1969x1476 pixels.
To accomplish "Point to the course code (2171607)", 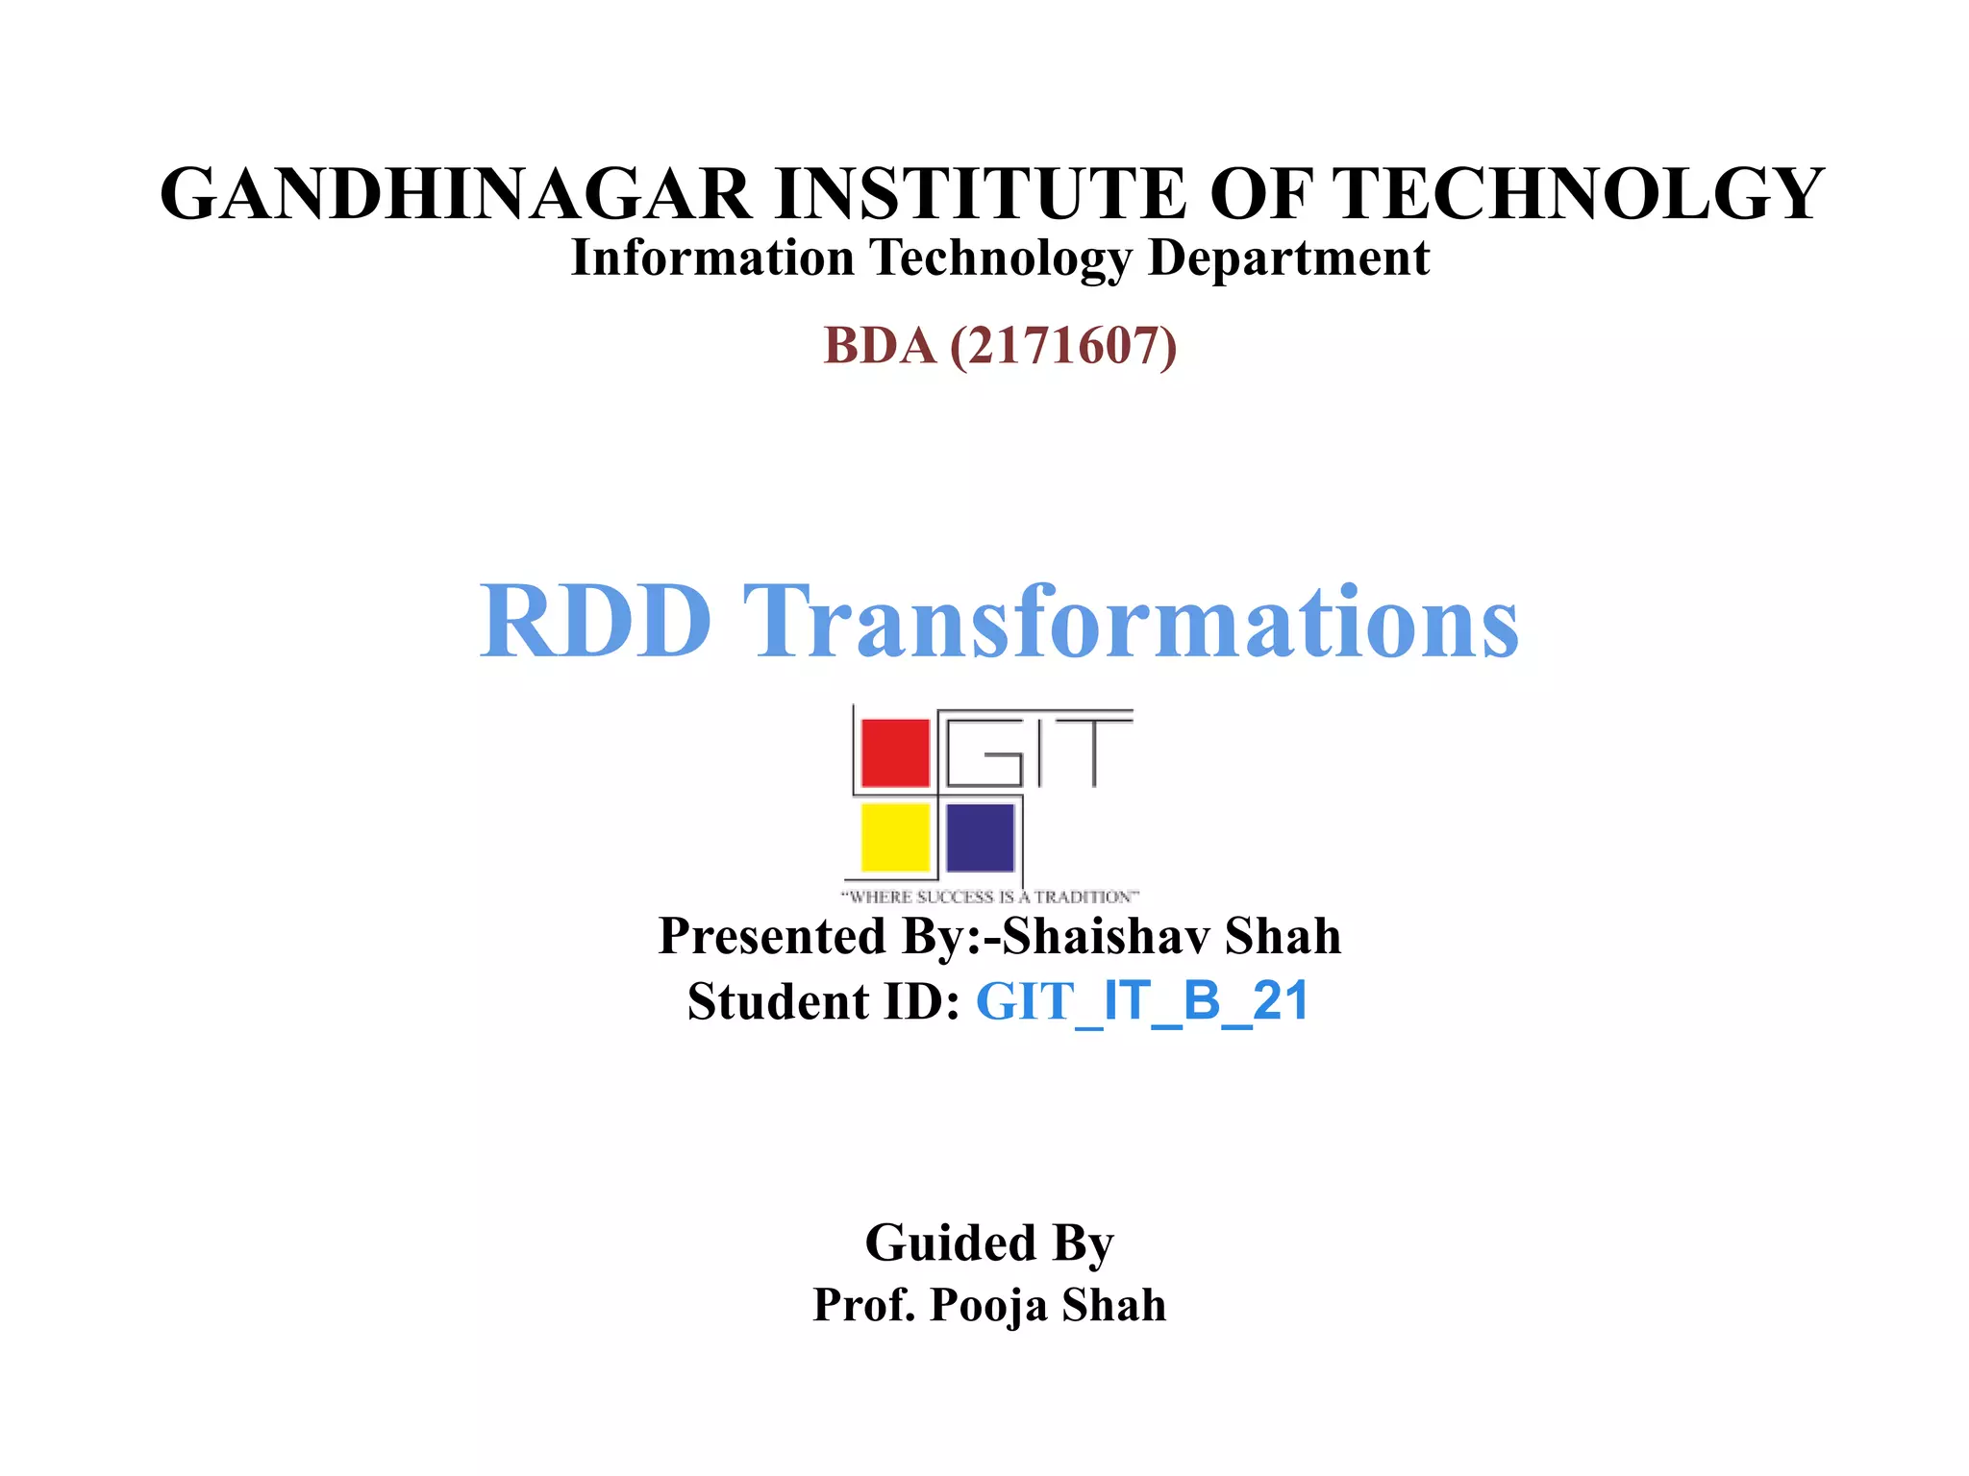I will (x=1062, y=346).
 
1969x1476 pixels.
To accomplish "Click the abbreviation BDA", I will (x=879, y=346).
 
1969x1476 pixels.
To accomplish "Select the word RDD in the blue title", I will (x=596, y=622).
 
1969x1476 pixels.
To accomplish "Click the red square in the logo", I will (x=895, y=752).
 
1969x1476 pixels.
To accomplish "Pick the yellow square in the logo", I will (x=895, y=836).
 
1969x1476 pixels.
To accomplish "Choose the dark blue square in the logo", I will (x=981, y=836).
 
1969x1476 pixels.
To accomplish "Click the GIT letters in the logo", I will (x=1038, y=750).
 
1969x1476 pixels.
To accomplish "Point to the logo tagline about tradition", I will (x=990, y=897).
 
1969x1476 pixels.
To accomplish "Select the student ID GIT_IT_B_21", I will (x=1142, y=1001).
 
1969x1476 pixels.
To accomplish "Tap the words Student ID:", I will (x=823, y=1001).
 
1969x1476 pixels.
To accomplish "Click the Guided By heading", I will (x=989, y=1242).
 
